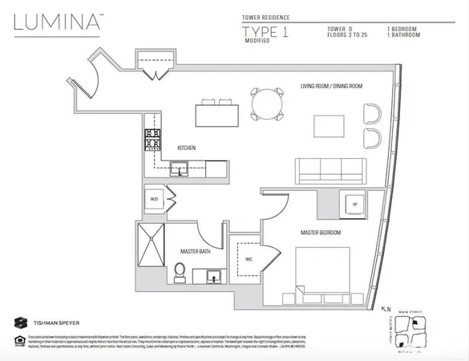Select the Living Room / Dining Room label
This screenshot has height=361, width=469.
click(331, 86)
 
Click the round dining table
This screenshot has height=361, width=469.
click(269, 103)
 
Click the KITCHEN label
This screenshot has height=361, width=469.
click(188, 148)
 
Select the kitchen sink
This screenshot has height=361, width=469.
click(179, 168)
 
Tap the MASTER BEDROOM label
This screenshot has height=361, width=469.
click(321, 233)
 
